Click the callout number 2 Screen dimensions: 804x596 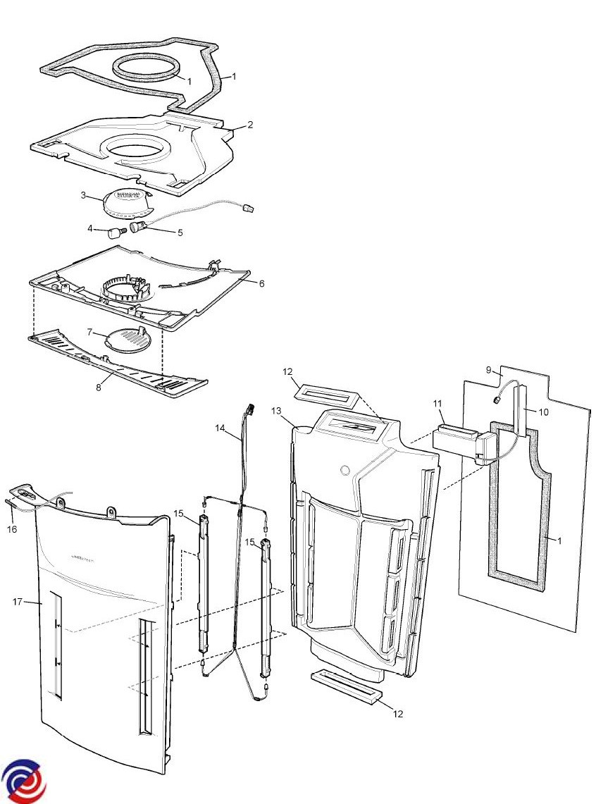[x=250, y=125]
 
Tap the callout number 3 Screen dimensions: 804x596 [x=83, y=195]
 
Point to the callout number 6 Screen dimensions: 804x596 [x=261, y=283]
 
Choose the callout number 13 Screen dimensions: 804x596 [x=276, y=411]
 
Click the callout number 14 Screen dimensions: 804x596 [x=220, y=428]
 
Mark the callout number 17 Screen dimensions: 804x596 [x=18, y=602]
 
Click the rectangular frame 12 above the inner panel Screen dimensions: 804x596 [x=326, y=392]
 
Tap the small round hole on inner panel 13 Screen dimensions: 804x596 [x=344, y=471]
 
